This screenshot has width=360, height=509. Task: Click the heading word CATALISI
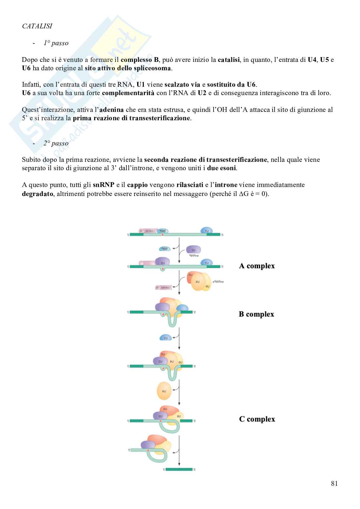tap(37, 26)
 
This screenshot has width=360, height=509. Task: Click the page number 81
tap(334, 484)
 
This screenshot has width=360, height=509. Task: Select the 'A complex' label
tap(257, 266)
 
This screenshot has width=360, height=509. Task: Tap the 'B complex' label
tap(256, 314)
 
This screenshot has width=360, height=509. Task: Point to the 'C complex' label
tap(257, 419)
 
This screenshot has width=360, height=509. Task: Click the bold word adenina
tap(112, 110)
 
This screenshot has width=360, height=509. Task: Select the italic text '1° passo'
tap(56, 43)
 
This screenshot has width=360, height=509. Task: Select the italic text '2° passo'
tap(56, 143)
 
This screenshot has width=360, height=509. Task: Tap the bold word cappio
tap(138, 185)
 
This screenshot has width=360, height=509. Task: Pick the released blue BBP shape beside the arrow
tap(165, 249)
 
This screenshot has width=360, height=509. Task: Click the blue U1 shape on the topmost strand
tap(207, 231)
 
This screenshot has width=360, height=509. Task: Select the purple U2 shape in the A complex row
tap(162, 262)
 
